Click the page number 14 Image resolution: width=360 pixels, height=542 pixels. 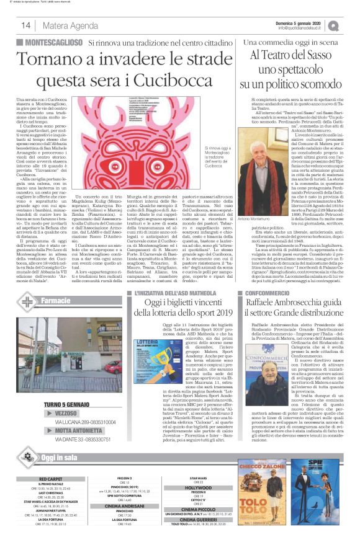[27, 25]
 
